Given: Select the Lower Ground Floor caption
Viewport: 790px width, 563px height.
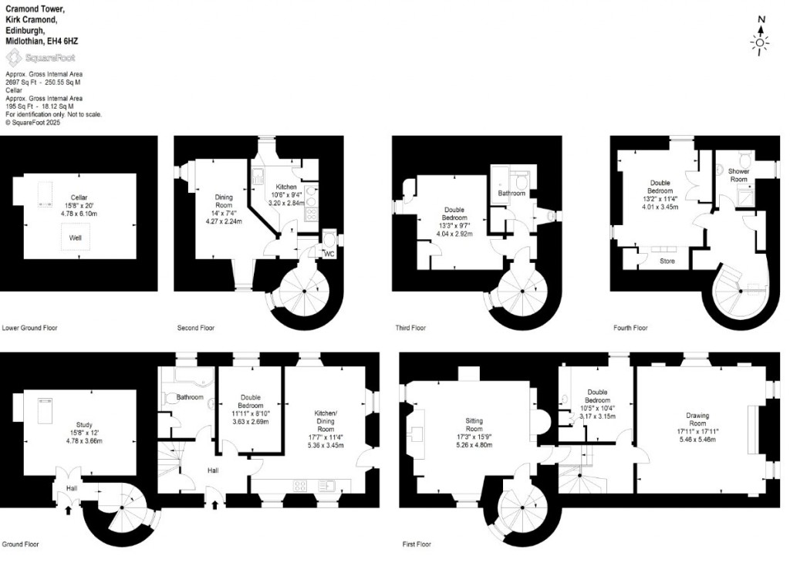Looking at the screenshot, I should point(30,328).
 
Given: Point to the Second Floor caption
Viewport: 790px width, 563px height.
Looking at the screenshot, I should point(196,328).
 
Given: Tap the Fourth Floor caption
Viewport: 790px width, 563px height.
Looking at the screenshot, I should point(630,328).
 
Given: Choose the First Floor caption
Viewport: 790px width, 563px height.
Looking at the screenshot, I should point(420,544).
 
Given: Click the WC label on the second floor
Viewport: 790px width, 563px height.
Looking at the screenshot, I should point(329,253).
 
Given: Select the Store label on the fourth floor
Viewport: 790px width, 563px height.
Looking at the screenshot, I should point(667,261).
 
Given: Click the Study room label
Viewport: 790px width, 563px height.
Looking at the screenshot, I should point(83,424).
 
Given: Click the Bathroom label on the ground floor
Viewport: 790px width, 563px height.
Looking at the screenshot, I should point(189,397).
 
